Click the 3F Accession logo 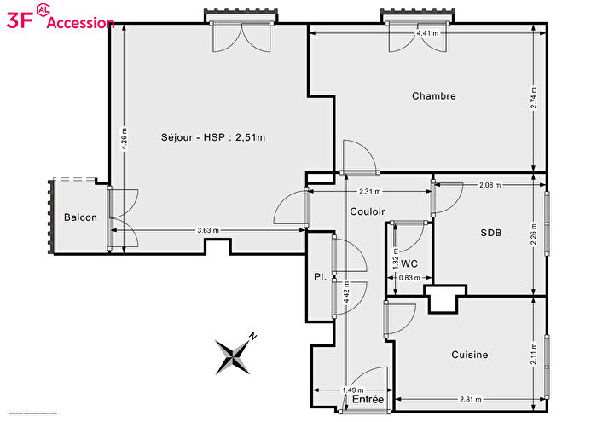(60, 20)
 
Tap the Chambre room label (433, 96)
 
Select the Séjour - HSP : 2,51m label (213, 137)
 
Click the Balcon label (80, 217)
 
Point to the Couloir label (368, 211)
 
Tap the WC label (409, 263)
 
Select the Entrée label (368, 399)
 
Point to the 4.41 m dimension (428, 33)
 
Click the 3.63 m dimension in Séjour (207, 230)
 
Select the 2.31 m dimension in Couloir (369, 192)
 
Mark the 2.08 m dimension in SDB (490, 184)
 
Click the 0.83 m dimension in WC (409, 278)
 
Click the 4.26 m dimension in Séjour (125, 139)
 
